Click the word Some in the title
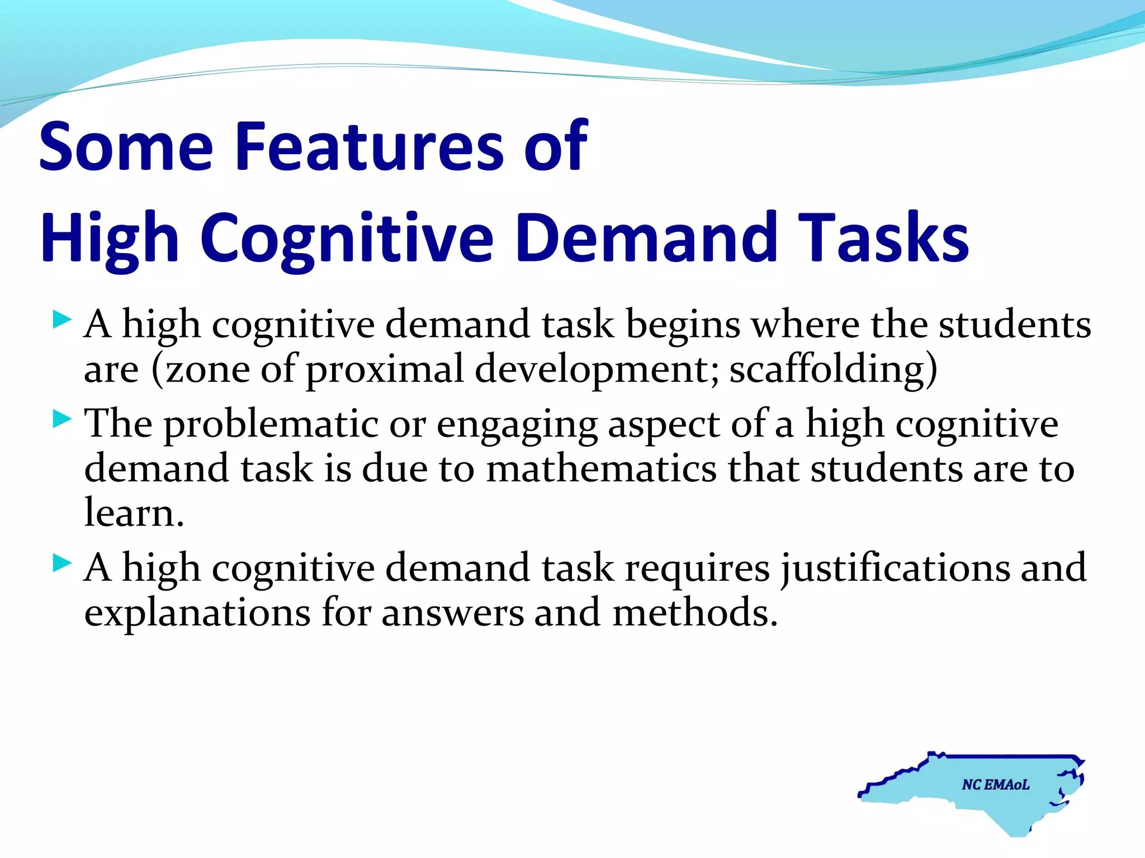click(x=126, y=146)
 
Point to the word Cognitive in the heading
click(x=347, y=239)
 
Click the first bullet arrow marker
click(x=61, y=321)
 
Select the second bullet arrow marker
click(x=61, y=419)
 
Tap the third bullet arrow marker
click(x=61, y=563)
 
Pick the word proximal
click(x=385, y=370)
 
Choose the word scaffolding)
click(x=833, y=369)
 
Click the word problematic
click(x=271, y=425)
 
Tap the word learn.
click(x=134, y=513)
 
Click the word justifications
click(x=895, y=569)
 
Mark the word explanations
click(x=197, y=613)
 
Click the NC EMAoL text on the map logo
click(x=995, y=785)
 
